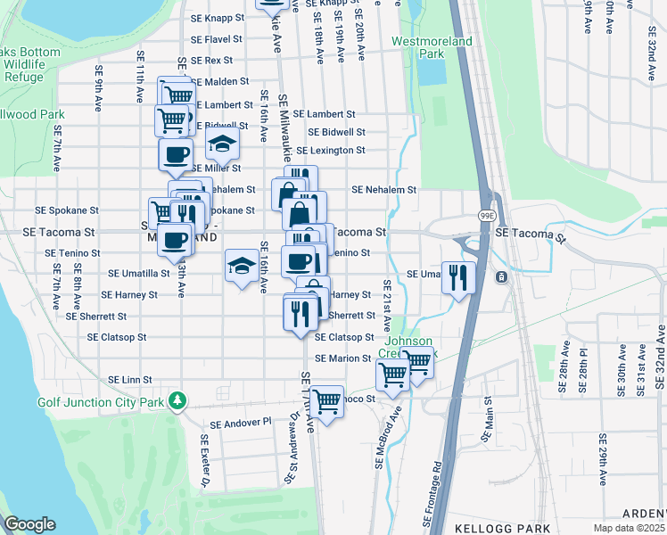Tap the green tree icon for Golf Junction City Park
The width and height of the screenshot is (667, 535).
click(178, 399)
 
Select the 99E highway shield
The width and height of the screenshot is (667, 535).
click(489, 217)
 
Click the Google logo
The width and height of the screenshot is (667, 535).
click(29, 524)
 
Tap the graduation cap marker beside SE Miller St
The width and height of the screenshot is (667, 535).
click(222, 143)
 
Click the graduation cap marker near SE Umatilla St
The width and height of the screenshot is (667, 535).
click(242, 265)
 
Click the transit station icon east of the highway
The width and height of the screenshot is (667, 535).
click(502, 276)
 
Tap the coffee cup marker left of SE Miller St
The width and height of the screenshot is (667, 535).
click(176, 154)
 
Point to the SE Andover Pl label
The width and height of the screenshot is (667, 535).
click(240, 423)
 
